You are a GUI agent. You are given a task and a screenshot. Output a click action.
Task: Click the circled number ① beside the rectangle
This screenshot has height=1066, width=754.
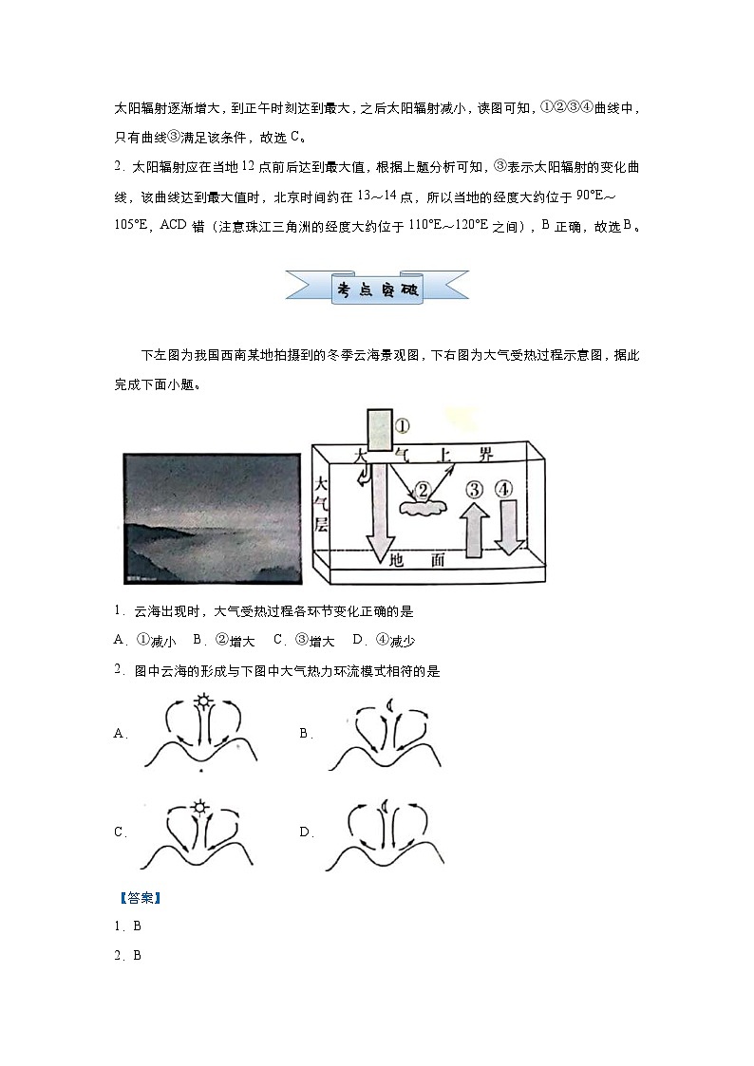point(402,426)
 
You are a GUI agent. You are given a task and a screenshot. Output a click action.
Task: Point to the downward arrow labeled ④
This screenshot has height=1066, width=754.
point(509,527)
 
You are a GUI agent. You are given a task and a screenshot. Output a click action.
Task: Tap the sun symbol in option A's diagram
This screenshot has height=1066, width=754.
point(201,703)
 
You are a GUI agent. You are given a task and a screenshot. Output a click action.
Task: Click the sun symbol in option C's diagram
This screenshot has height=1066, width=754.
point(199,809)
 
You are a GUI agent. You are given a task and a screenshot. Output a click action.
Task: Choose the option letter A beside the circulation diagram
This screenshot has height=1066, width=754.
point(120,734)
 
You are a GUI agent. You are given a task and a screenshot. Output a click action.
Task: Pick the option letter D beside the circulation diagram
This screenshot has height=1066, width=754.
point(306,832)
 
